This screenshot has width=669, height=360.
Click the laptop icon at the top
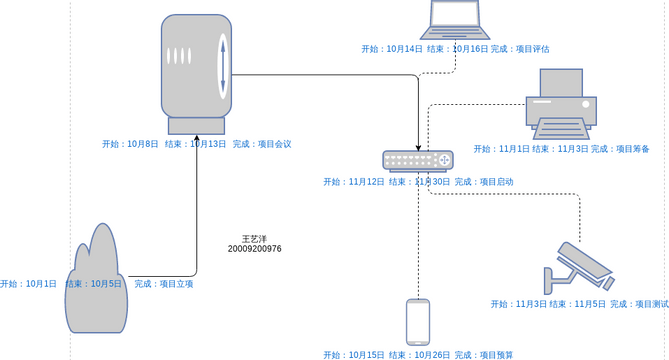pyautogui.click(x=455, y=19)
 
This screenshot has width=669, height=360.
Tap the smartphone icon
pyautogui.click(x=418, y=321)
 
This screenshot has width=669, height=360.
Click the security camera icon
pyautogui.click(x=577, y=266)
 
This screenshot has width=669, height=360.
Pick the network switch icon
pyautogui.click(x=417, y=160)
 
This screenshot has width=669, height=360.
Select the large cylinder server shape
pyautogui.click(x=196, y=72)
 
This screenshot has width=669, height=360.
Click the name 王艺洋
pyautogui.click(x=254, y=238)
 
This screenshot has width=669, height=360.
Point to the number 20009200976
pyautogui.click(x=254, y=249)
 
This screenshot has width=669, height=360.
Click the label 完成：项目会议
pyautogui.click(x=262, y=144)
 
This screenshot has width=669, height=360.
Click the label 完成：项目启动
pyautogui.click(x=483, y=182)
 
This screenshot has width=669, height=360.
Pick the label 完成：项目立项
pyautogui.click(x=163, y=284)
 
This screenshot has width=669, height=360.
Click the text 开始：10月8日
pyautogui.click(x=130, y=144)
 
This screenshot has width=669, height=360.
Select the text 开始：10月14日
pyautogui.click(x=392, y=48)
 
